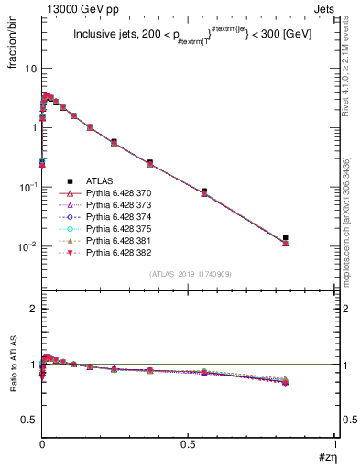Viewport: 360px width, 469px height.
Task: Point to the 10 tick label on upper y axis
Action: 30,69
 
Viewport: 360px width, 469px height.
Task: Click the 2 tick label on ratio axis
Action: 34,309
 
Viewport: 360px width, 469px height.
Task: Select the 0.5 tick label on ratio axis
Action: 28,420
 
